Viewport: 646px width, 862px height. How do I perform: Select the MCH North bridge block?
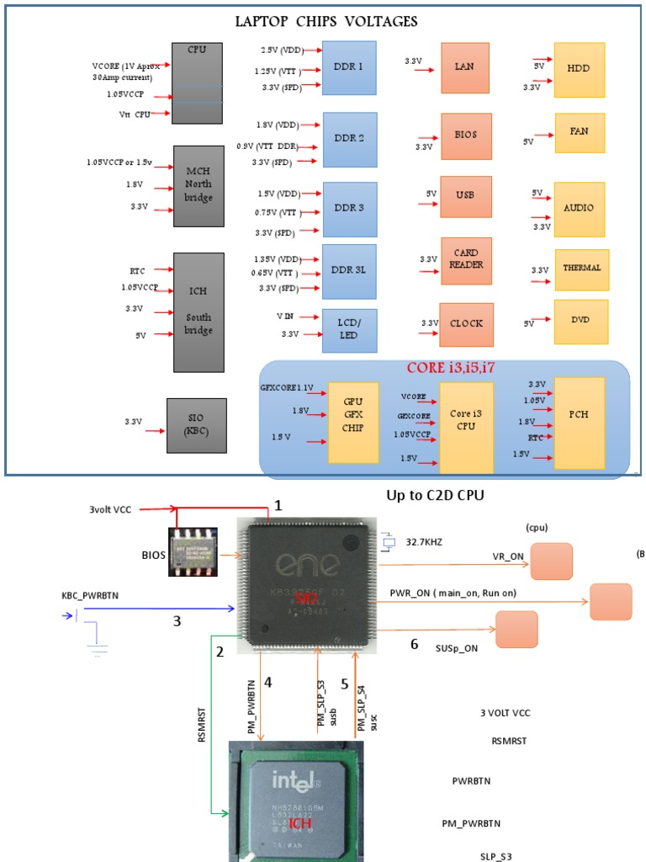pyautogui.click(x=199, y=185)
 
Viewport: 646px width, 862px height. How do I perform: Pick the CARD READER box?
pyautogui.click(x=465, y=260)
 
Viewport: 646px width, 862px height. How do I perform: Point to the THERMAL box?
pyautogui.click(x=581, y=269)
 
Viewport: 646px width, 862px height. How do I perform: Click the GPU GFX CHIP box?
pyautogui.click(x=353, y=421)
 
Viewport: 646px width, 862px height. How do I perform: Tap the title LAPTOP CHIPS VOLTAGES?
pyautogui.click(x=327, y=21)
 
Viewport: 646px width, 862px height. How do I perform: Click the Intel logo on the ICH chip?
pyautogui.click(x=296, y=783)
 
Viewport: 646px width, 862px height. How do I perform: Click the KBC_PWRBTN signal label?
pyautogui.click(x=90, y=595)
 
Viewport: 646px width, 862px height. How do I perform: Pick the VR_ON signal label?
pyautogui.click(x=509, y=557)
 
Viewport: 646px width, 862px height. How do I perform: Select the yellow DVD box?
pyautogui.click(x=580, y=321)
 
